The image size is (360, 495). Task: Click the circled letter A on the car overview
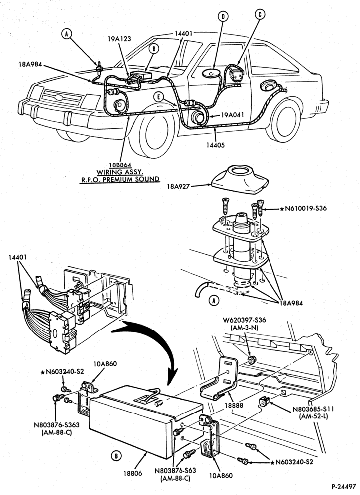(67, 33)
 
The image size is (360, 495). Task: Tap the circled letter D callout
(223, 17)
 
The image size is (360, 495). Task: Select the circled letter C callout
(260, 14)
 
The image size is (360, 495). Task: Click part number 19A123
(119, 39)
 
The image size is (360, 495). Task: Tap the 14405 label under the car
(216, 145)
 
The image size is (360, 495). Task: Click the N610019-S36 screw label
(305, 208)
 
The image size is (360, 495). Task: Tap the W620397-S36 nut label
(248, 320)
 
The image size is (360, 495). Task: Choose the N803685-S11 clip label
(313, 409)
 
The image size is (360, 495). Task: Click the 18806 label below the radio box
(133, 473)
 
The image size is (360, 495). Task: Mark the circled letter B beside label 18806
(116, 456)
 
